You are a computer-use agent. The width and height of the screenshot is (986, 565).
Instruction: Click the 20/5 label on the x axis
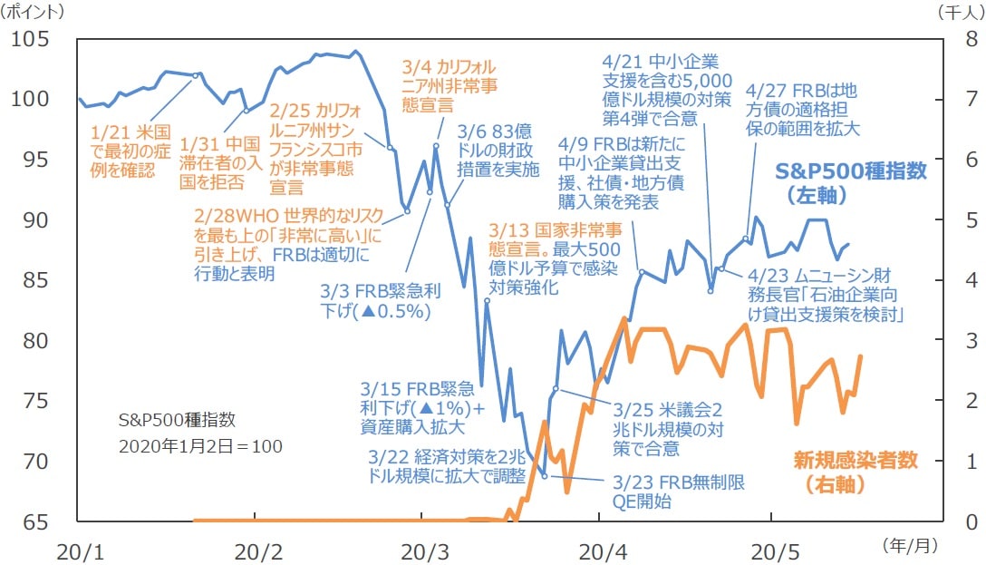(x=773, y=550)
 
